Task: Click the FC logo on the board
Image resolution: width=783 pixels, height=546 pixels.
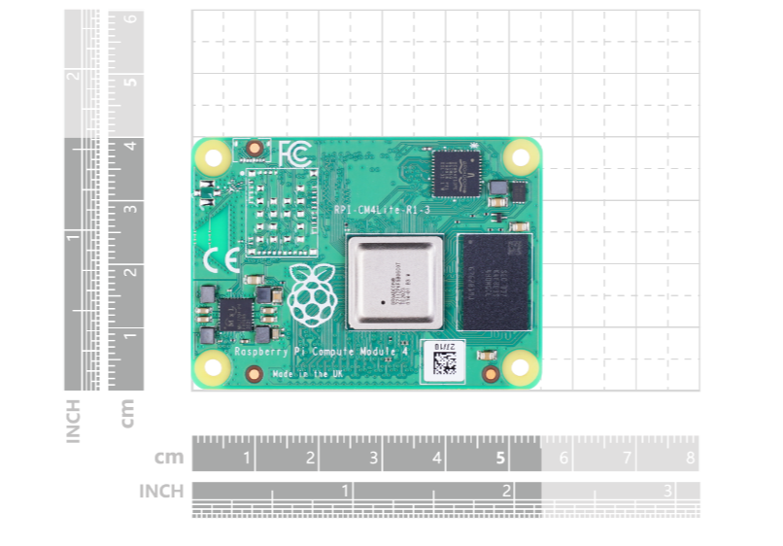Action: tap(294, 154)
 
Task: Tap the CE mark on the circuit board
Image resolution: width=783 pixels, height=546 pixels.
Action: tap(217, 259)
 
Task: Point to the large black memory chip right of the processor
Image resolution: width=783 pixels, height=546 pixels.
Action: tap(494, 282)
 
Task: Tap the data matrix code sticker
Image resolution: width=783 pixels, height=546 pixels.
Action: tap(444, 359)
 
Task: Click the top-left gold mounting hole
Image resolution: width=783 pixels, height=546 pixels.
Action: tap(213, 156)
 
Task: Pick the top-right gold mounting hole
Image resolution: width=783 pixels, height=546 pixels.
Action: tap(523, 156)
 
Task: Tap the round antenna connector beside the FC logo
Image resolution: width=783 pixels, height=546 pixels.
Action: tap(255, 150)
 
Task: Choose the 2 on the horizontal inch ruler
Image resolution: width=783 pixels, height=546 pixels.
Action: tap(506, 491)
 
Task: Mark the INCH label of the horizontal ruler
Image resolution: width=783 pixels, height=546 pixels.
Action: tap(161, 492)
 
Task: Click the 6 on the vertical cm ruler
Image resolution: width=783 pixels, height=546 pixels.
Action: tap(127, 19)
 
